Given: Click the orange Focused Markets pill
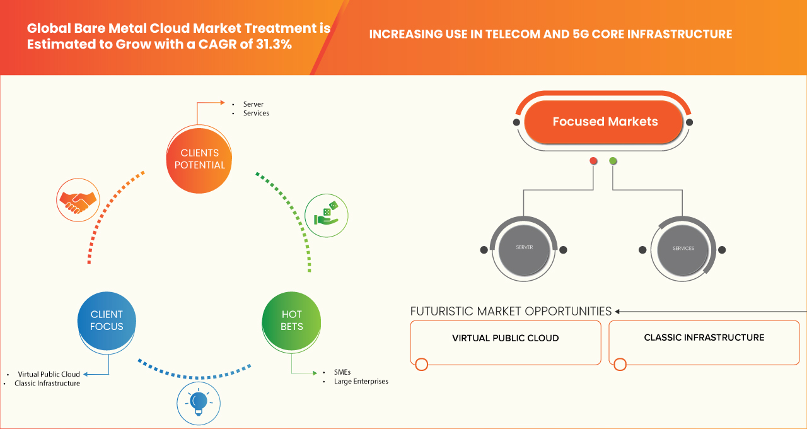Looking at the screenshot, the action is coord(603,122).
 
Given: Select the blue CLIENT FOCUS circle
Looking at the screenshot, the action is coord(107,320).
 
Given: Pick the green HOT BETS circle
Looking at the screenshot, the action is coord(291,320).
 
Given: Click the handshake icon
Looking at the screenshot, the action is coord(78,200).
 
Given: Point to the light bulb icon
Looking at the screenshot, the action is coord(198,403).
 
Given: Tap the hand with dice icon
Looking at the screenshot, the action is coord(327,216).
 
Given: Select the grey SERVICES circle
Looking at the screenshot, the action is coord(683,250).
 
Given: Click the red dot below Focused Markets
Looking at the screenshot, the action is coord(593,161).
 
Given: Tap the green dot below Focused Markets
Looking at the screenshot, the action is coord(613,161).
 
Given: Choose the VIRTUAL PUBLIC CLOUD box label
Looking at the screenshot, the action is coord(506,338).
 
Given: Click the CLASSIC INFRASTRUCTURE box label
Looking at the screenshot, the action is coord(704,338).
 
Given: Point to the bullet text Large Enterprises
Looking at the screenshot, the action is coord(361,382).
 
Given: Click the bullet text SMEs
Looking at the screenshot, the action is coord(342,372).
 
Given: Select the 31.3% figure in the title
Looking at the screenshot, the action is coord(274,44).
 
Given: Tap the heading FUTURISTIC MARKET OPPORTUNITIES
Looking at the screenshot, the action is coord(511,311).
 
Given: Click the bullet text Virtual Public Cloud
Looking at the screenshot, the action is coord(49,374).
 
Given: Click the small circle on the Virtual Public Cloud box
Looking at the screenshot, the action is coord(422,365).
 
